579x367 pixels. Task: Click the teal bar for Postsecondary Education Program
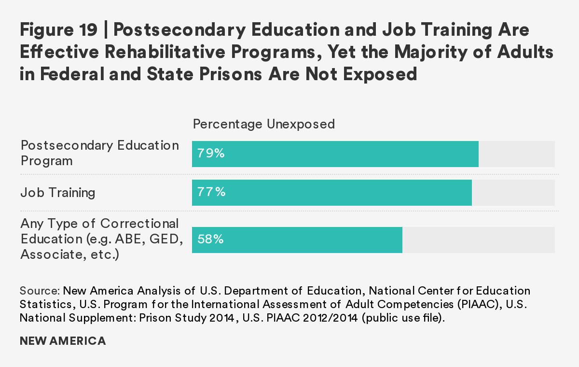[x=335, y=154]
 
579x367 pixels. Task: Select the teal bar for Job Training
[x=331, y=193]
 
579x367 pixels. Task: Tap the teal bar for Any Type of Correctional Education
[x=297, y=240]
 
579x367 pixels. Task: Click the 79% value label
[x=211, y=154]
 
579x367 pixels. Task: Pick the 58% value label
[x=210, y=240]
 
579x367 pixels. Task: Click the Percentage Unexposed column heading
[x=263, y=124]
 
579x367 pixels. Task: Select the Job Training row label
[x=58, y=193]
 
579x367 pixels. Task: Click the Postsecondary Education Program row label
[x=99, y=153]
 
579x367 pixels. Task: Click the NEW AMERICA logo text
[x=63, y=341]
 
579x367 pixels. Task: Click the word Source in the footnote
[x=39, y=291]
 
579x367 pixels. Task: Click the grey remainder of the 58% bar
[x=478, y=240]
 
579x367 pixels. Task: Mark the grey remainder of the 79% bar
[x=516, y=154]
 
